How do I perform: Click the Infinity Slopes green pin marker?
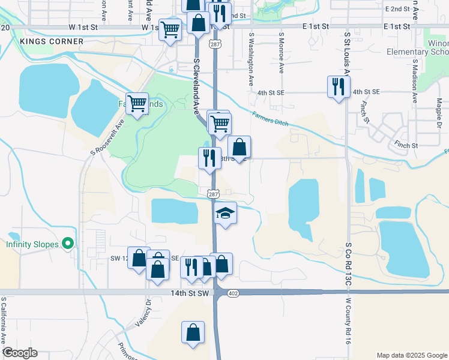point(68,244)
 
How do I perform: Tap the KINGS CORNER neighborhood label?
point(43,41)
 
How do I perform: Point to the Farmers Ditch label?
point(270,119)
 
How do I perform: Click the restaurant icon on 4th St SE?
point(339,86)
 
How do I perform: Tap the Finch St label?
point(406,145)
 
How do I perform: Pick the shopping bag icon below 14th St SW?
point(193,332)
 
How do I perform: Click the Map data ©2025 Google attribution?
point(411,355)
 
